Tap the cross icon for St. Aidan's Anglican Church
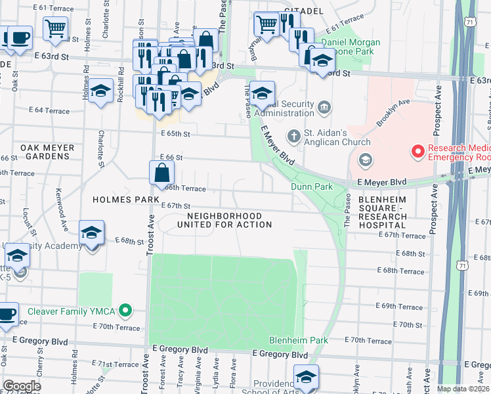click(x=296, y=136)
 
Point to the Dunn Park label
click(x=312, y=187)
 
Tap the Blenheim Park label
click(x=298, y=341)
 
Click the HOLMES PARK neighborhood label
click(x=126, y=199)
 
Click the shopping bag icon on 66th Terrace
click(x=161, y=174)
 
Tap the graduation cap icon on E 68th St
click(x=91, y=232)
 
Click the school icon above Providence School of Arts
click(x=305, y=378)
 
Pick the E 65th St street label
click(x=175, y=134)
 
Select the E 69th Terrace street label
click(x=402, y=307)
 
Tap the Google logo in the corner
click(x=21, y=386)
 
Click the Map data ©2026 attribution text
click(x=463, y=389)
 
